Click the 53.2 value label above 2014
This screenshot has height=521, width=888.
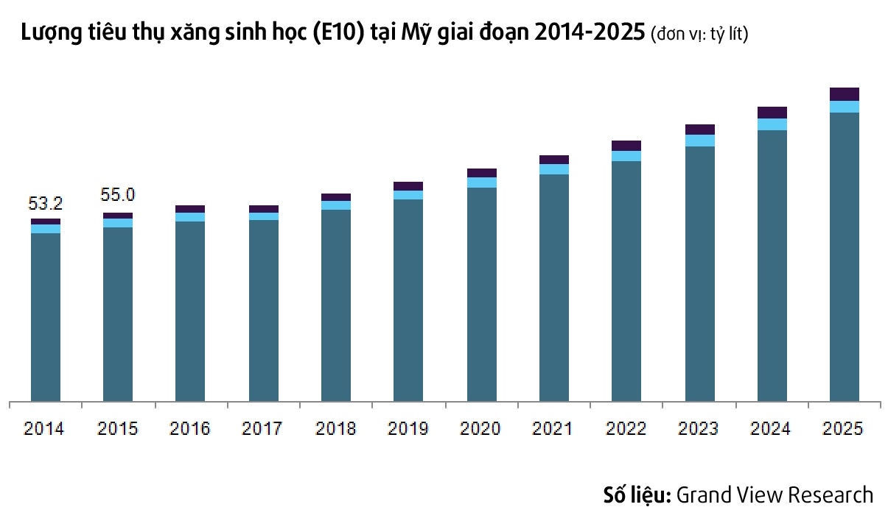coord(45,203)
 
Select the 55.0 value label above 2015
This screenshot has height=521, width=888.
coord(117,195)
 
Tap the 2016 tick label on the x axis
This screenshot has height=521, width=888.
coord(190,428)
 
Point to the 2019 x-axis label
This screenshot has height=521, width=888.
coord(408,428)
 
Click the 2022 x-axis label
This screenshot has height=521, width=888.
coord(626,428)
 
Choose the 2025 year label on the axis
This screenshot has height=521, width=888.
coord(844,428)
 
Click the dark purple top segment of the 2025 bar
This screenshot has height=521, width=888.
coord(844,94)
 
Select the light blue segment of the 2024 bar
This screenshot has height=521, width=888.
coord(772,124)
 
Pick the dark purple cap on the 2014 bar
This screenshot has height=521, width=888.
coord(45,221)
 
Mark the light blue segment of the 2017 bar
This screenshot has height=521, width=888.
coord(263,216)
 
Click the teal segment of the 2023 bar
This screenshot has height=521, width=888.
coord(699,272)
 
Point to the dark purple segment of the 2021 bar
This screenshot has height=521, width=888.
coord(553,160)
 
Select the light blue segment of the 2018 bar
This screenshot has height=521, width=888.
coord(335,205)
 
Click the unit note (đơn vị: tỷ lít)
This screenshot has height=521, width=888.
coord(700,35)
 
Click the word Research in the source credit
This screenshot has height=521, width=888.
coord(831,495)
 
